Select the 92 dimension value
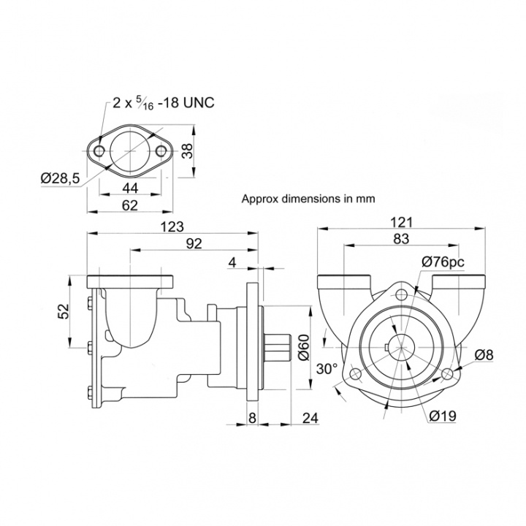[x=194, y=244]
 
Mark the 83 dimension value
[x=400, y=240]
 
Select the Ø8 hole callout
[x=484, y=355]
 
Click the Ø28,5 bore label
[x=61, y=178]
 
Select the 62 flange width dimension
[x=130, y=205]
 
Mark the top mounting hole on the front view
[x=401, y=294]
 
